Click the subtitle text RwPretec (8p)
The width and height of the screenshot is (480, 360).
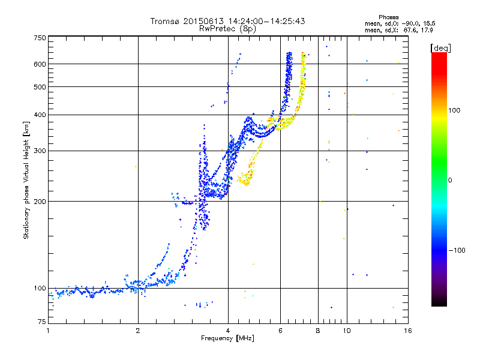point(227,29)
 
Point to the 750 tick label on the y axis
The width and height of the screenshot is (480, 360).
point(40,38)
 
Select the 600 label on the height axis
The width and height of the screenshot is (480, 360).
point(40,64)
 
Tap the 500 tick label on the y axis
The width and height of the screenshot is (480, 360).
point(40,87)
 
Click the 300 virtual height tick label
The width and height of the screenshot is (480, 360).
point(40,151)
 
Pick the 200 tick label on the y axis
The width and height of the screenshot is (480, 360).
point(40,202)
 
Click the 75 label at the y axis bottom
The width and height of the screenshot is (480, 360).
point(42,322)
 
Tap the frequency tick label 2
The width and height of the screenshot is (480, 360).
point(138,331)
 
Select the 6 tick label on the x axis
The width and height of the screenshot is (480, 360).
point(280,331)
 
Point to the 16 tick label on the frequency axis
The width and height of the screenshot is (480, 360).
point(408,331)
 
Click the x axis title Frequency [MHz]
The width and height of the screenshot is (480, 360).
point(227,338)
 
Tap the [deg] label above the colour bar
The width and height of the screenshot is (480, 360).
point(440,48)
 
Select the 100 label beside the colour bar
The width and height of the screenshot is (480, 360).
point(454,110)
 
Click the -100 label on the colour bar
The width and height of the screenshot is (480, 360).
point(457,250)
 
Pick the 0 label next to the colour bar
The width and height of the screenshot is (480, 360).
point(450,181)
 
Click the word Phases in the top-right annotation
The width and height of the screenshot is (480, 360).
point(388,17)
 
